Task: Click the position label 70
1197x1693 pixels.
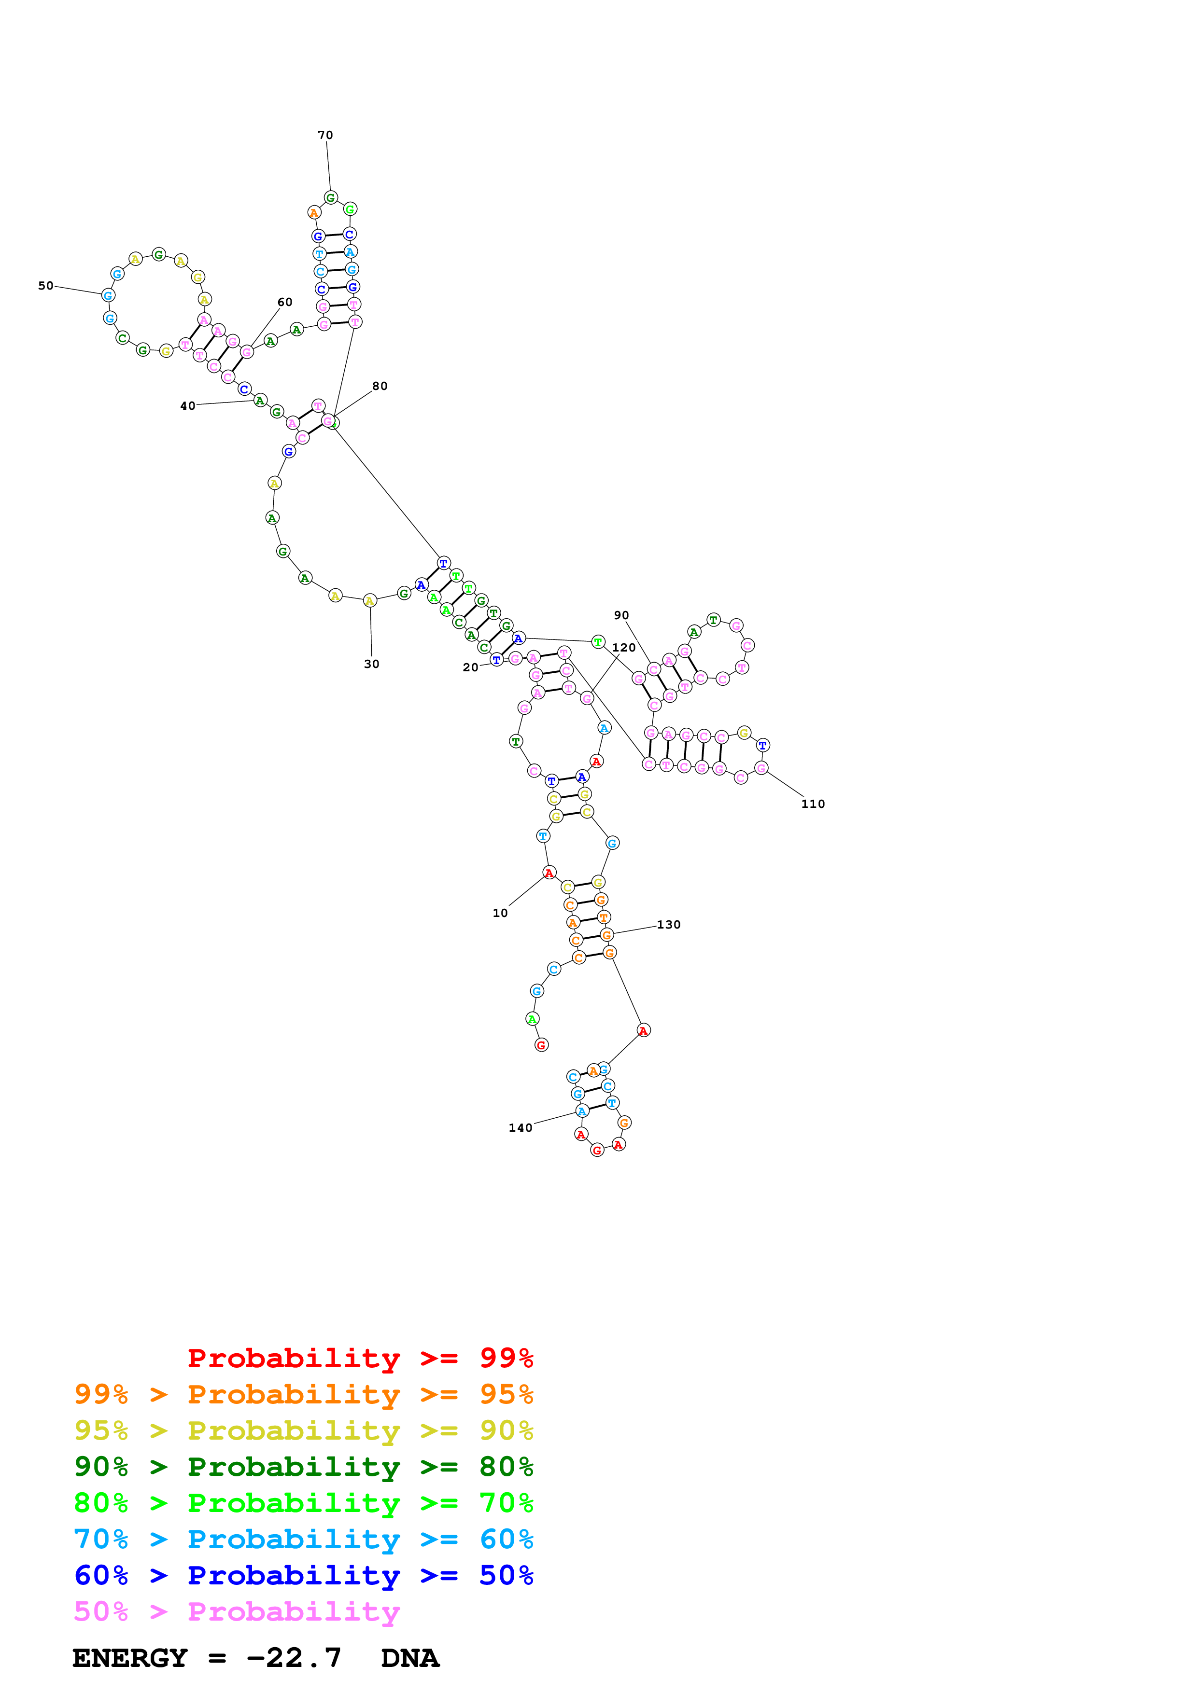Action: coord(325,135)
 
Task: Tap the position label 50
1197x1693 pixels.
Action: coord(46,285)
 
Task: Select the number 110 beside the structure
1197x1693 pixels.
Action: coord(813,804)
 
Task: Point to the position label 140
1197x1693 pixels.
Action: coord(520,1127)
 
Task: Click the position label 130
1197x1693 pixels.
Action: coord(668,925)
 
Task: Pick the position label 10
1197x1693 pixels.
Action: coord(500,913)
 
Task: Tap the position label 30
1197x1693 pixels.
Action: coord(372,664)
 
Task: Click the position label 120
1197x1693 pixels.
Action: coord(623,647)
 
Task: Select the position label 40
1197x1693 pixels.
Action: coord(188,405)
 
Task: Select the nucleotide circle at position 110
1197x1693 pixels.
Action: coord(761,768)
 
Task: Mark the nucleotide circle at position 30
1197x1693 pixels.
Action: coord(370,600)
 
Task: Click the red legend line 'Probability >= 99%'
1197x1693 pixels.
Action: coord(360,1358)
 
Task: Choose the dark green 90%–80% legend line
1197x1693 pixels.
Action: coord(303,1467)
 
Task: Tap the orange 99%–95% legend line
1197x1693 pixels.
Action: coord(303,1394)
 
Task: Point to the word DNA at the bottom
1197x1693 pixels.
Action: coord(410,1658)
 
